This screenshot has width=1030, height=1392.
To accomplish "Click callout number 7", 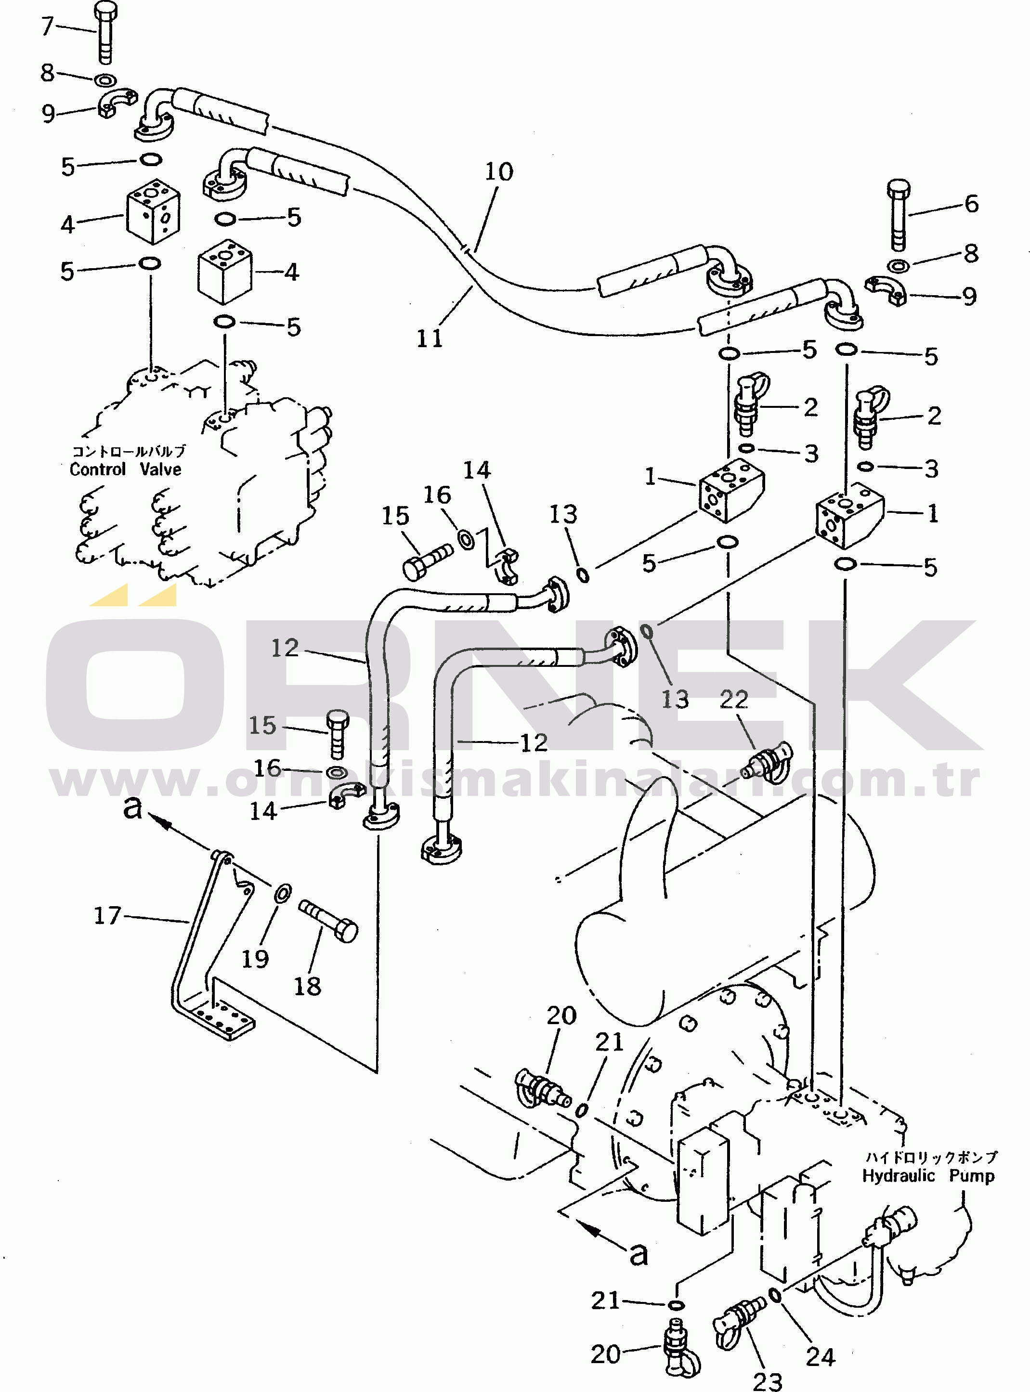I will [47, 26].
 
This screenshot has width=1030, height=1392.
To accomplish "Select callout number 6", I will [971, 204].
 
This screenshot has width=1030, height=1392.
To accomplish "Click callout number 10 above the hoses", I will [499, 171].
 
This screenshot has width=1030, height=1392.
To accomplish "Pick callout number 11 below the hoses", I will [429, 338].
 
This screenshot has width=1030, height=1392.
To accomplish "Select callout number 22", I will [734, 700].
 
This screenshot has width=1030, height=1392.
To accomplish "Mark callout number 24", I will [820, 1356].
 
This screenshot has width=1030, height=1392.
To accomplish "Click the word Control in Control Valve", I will [98, 469].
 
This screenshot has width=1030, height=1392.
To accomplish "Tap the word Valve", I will [160, 469].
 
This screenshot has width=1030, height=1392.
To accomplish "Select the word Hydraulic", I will [899, 1176].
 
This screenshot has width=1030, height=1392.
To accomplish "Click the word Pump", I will [971, 1176].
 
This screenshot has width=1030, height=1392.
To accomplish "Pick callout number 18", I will [307, 987].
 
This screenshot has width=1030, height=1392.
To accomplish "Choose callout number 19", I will [255, 959].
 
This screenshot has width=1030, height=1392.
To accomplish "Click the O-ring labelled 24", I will [775, 1296].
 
